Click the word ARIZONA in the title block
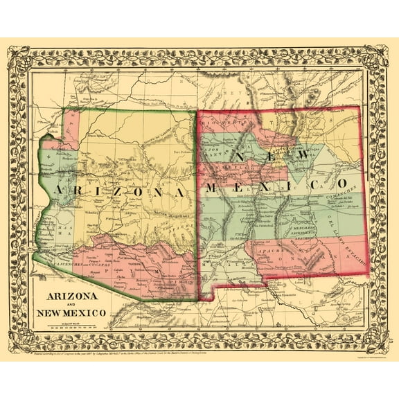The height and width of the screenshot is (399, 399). pyautogui.click(x=71, y=295)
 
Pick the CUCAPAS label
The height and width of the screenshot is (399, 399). pyautogui.click(x=100, y=264)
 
